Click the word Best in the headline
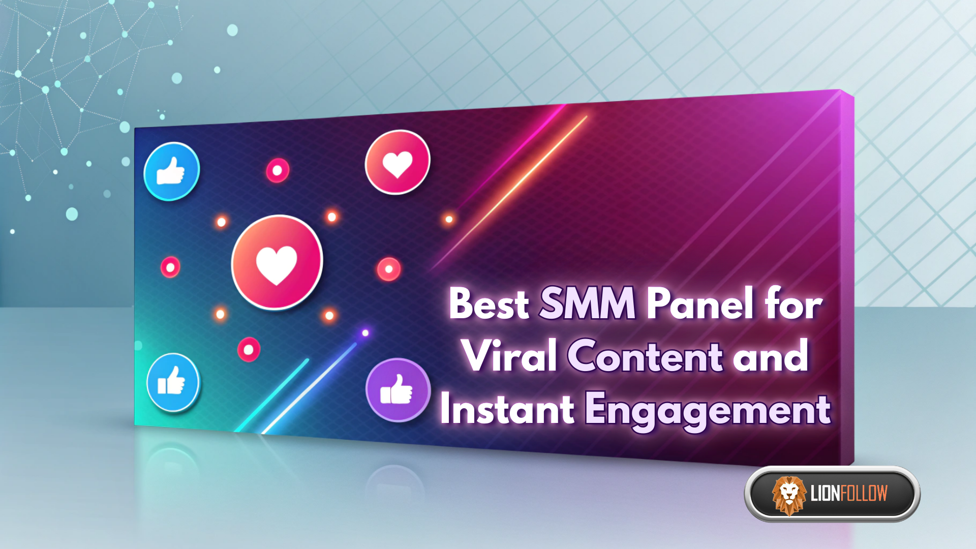click(x=489, y=303)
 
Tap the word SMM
click(x=588, y=303)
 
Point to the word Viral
click(x=510, y=356)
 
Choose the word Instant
click(x=507, y=409)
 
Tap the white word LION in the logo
click(x=826, y=493)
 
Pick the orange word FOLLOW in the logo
click(x=864, y=493)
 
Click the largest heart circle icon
click(x=277, y=262)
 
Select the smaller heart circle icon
click(x=398, y=162)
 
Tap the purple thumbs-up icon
click(x=398, y=390)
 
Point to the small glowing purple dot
click(x=365, y=333)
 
